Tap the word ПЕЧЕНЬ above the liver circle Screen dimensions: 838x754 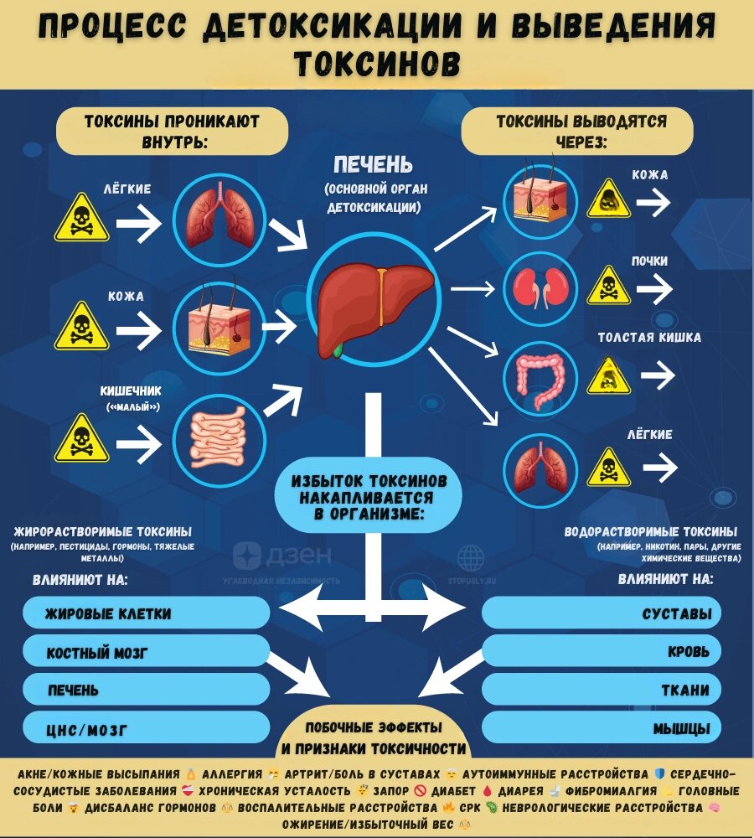pyautogui.click(x=373, y=163)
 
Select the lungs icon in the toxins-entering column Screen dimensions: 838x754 pyautogui.click(x=219, y=220)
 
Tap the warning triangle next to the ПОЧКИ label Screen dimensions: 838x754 pyautogui.click(x=609, y=287)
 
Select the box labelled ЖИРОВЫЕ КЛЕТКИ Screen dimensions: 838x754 pyautogui.click(x=146, y=614)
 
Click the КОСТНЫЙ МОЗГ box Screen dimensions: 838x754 pyautogui.click(x=146, y=652)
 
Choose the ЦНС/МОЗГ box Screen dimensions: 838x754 pyautogui.click(x=146, y=729)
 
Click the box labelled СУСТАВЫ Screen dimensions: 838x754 pyautogui.click(x=602, y=614)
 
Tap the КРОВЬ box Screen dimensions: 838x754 pyautogui.click(x=602, y=652)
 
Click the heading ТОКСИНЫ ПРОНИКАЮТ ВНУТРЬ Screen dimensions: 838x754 pyautogui.click(x=172, y=131)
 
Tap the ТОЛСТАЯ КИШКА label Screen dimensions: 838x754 pyautogui.click(x=649, y=338)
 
